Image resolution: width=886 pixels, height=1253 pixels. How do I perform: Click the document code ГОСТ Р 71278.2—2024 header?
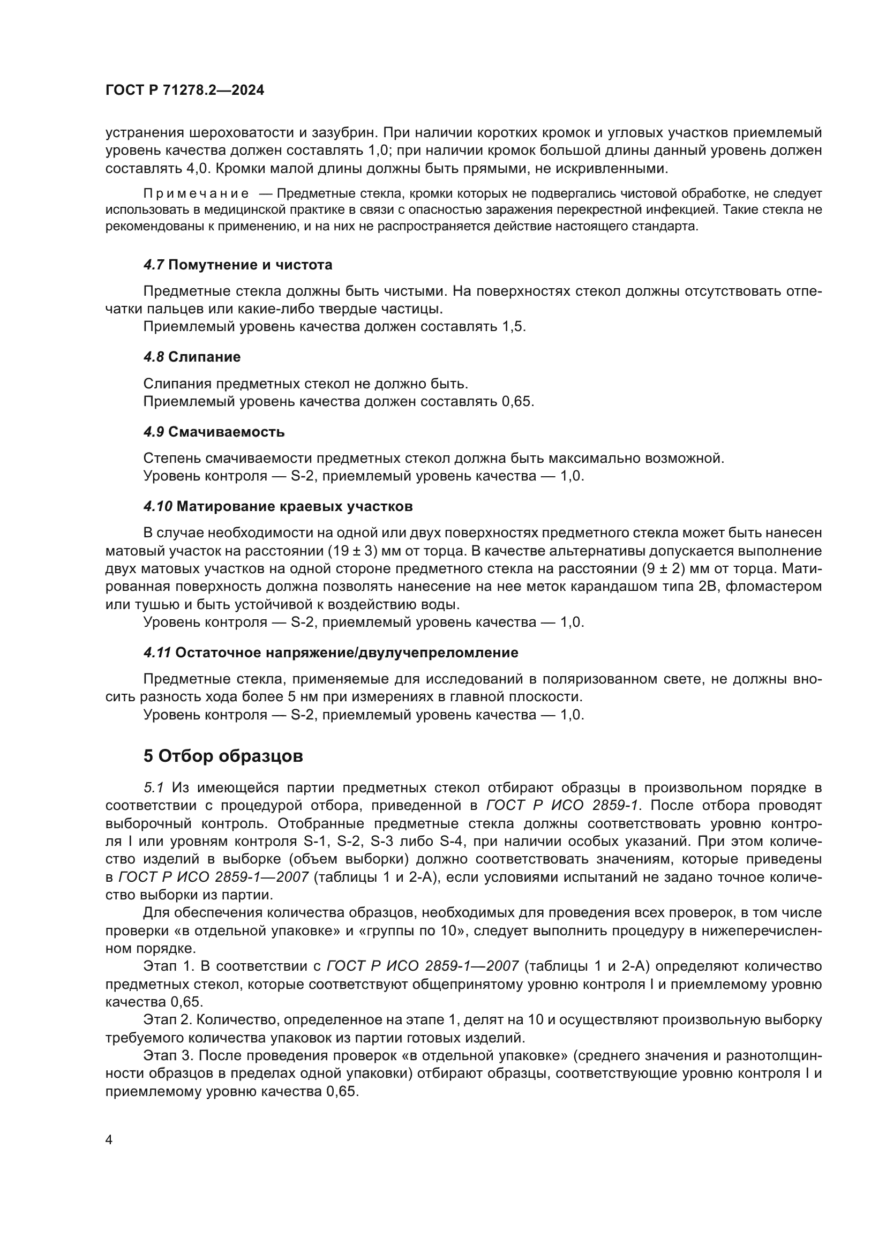pos(184,91)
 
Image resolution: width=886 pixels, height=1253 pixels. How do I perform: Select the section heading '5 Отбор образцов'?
pos(223,756)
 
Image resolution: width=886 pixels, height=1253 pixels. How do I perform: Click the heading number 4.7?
pos(153,265)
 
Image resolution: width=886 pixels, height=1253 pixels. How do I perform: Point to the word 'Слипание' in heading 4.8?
pos(204,357)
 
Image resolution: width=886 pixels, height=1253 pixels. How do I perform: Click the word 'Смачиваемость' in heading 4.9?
pos(226,432)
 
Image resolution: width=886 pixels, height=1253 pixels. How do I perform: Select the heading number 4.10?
pos(157,506)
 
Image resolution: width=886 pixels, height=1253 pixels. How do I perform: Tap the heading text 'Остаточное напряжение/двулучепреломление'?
pos(347,652)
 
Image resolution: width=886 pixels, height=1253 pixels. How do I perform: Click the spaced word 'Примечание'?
pos(196,194)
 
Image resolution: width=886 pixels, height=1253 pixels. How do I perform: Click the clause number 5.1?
pos(154,787)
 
